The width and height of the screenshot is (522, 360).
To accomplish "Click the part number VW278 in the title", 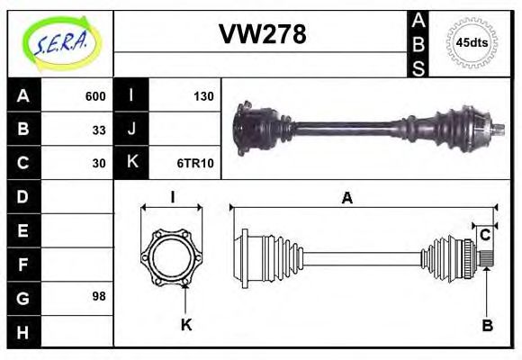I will click(263, 34).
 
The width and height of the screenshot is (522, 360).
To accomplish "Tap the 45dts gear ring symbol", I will click(472, 43).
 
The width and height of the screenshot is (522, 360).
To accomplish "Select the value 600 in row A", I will click(95, 96).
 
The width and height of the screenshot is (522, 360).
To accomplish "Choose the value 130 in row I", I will click(202, 96).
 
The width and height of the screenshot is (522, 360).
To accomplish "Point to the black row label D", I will click(22, 196).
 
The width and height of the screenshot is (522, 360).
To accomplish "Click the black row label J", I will click(131, 130).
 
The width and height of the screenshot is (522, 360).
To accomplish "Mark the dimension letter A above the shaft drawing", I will click(346, 199).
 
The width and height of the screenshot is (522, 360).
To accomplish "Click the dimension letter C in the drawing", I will click(485, 235).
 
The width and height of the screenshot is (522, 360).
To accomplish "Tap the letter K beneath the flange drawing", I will click(185, 326).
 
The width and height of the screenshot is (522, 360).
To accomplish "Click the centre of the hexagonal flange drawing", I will click(171, 257).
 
